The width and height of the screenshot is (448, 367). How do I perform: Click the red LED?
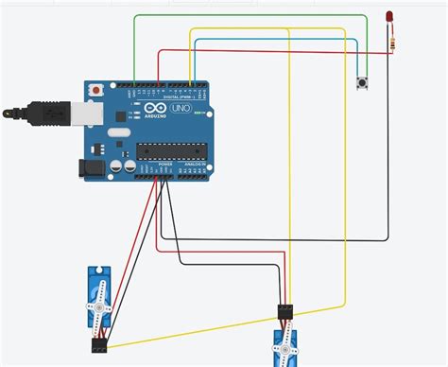coord(389,17)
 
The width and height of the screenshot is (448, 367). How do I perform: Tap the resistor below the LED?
coord(389,40)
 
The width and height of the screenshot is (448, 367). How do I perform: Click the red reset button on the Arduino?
coord(95,90)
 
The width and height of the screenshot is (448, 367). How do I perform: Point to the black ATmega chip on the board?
coord(171,149)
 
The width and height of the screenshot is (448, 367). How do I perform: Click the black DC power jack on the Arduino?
coord(91,166)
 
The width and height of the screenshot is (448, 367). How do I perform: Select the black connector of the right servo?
coord(286,311)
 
